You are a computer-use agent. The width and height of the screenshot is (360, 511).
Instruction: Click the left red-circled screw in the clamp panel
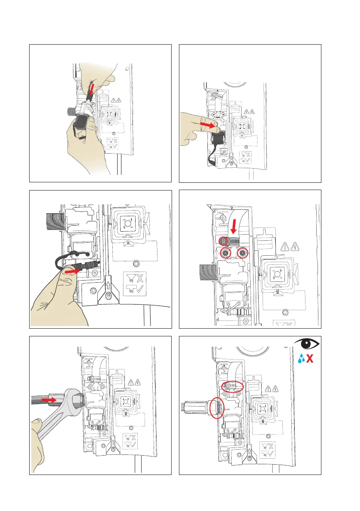pyautogui.click(x=224, y=253)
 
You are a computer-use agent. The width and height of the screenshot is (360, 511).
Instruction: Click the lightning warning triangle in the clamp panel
pyautogui.click(x=296, y=246)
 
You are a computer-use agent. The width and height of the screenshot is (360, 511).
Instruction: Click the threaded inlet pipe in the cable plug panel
pyautogui.click(x=51, y=223)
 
